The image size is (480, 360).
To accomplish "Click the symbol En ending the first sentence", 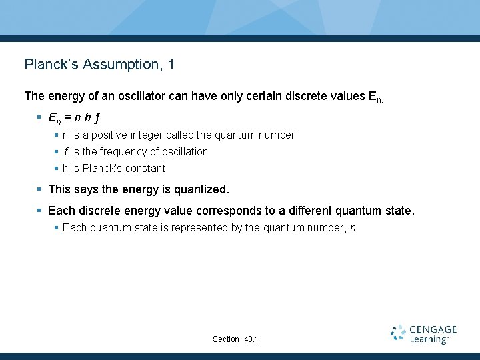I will pyautogui.click(x=375, y=97).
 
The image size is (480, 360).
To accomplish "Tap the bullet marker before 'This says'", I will pyautogui.click(x=40, y=190).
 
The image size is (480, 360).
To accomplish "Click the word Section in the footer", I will pyautogui.click(x=225, y=339).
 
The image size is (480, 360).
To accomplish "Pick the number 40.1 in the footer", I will pyautogui.click(x=251, y=339).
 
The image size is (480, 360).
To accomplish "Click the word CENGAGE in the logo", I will pyautogui.click(x=433, y=329).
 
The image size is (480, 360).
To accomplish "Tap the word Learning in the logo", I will pyautogui.click(x=428, y=339).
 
